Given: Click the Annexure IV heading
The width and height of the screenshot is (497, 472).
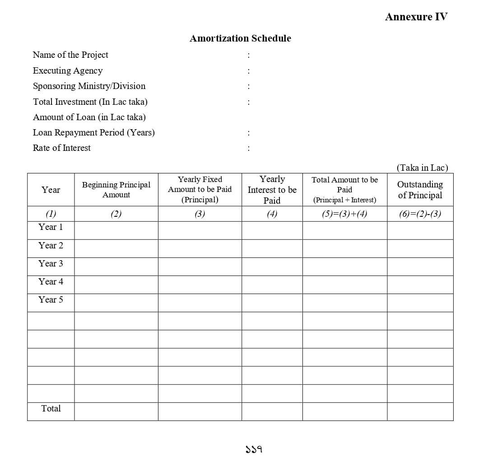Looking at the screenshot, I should [x=416, y=17].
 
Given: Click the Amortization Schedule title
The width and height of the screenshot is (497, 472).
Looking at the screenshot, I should [x=240, y=38].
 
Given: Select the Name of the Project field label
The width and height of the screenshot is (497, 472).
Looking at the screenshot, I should [x=70, y=55].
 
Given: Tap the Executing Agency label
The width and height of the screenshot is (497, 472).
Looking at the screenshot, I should [x=68, y=71].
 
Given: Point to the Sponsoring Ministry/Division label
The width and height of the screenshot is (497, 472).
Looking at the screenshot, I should [x=89, y=86].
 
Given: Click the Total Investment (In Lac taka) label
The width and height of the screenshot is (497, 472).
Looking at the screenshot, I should [x=90, y=102].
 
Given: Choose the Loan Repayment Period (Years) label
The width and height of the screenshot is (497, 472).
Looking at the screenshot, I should [x=93, y=133].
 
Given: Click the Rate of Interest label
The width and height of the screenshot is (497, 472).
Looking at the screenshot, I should [x=61, y=148].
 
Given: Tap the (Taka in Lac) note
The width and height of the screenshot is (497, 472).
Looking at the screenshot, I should [x=422, y=168].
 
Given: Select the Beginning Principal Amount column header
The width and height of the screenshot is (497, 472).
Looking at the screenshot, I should [x=116, y=190].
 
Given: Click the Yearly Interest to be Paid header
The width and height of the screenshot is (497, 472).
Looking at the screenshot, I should [x=272, y=190].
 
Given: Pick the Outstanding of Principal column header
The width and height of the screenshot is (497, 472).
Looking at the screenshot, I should [x=420, y=190].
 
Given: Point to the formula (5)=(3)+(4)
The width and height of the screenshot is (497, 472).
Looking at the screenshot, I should [x=344, y=215].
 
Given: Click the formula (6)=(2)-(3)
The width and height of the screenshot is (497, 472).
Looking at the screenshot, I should [x=420, y=215].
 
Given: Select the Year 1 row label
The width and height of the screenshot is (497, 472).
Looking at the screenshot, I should [x=51, y=227].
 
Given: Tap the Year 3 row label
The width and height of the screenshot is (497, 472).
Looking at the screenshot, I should [x=51, y=264].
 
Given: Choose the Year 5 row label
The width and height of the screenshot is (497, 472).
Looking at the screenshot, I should [x=51, y=300].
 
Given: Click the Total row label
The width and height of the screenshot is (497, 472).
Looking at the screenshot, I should [x=51, y=409].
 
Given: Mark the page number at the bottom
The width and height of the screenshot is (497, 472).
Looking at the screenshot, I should [x=254, y=449].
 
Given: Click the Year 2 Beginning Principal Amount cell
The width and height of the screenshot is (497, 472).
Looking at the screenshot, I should [x=116, y=248].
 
